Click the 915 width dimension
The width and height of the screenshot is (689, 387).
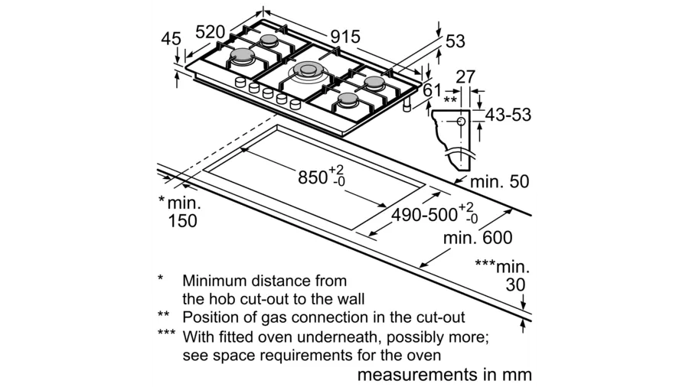[345, 37]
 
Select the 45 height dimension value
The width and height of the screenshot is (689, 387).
[171, 39]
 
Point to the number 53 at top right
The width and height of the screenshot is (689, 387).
[455, 42]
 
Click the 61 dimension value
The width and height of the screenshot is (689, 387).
[433, 90]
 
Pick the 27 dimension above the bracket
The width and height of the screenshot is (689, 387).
[466, 76]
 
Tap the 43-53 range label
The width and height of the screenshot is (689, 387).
[508, 115]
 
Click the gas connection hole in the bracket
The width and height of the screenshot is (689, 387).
[461, 121]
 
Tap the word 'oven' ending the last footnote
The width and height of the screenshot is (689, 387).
[423, 356]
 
